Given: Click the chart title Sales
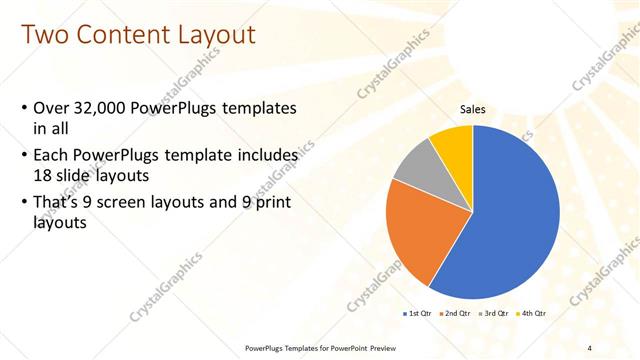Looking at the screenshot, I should [x=473, y=110].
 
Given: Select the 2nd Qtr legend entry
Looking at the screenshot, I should [x=457, y=313].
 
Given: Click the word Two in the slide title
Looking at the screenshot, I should [x=46, y=35].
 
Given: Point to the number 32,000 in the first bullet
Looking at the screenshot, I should [x=104, y=107].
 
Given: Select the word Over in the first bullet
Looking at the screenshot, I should [x=52, y=107].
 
